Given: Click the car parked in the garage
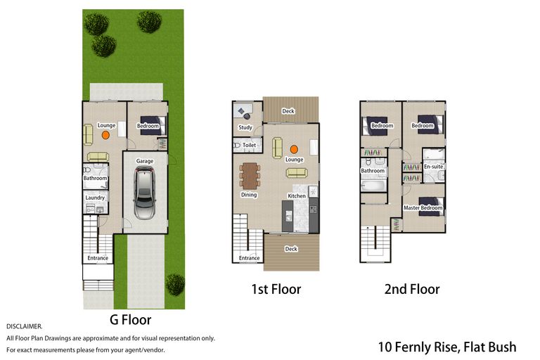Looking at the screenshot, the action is pos(144,193).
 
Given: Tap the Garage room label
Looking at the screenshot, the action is pos(145,161).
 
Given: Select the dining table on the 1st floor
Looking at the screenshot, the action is pos(250,176).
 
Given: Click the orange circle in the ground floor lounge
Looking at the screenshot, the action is pos(105,135).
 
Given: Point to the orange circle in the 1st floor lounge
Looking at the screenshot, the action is pos(294,149).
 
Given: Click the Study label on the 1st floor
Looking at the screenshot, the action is pos(245,127).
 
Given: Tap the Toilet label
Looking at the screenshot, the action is pos(249,145).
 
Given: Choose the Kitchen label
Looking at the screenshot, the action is pos(297,195).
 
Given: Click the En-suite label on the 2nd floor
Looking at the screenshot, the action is pos(434,167).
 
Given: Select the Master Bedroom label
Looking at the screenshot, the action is pos(423,207).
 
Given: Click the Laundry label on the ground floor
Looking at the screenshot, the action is pos(95,198).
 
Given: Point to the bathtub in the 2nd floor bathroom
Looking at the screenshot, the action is pos(373,186).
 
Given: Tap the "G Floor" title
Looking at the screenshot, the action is pos(131,320).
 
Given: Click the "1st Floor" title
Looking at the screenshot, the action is pos(276,289).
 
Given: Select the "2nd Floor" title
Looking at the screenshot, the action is pos(412,289).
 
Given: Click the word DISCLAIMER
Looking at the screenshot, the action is pos(24,326).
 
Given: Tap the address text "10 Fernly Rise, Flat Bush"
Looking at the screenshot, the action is pos(447,347).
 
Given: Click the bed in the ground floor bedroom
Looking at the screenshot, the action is pos(153,126).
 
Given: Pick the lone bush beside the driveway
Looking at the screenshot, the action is pos(175,285).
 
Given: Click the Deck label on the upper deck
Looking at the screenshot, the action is pos(288,111).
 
